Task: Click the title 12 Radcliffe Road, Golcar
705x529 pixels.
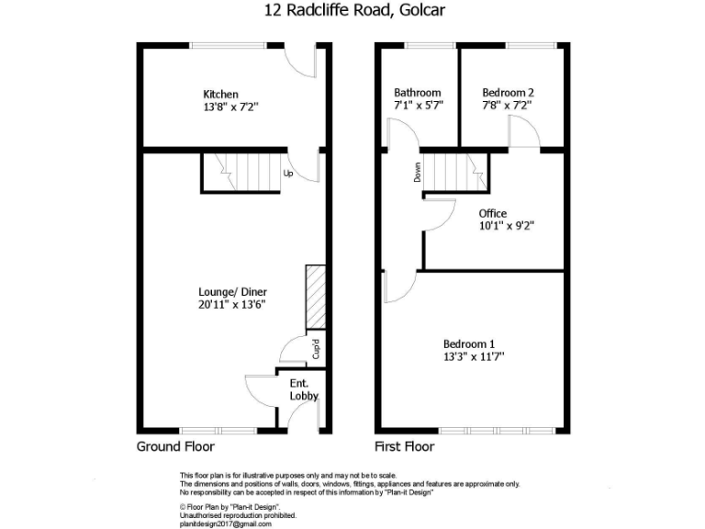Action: [x=352, y=11]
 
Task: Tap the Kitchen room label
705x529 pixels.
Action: [x=220, y=94]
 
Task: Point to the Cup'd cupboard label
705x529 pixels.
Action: [x=315, y=349]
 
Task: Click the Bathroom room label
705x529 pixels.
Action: [x=418, y=93]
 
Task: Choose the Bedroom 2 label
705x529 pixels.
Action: [x=508, y=93]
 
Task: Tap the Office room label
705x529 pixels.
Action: [x=493, y=214]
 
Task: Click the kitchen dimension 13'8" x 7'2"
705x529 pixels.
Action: [x=231, y=107]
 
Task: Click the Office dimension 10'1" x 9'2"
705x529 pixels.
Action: [x=506, y=226]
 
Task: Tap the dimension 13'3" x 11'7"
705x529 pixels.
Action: [x=474, y=355]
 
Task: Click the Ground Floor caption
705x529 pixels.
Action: [x=175, y=447]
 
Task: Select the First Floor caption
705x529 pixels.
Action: [x=405, y=447]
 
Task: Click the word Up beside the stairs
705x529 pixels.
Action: [x=288, y=173]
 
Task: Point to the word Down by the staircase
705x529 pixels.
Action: [x=417, y=172]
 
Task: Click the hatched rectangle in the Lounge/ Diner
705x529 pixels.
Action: [x=315, y=297]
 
